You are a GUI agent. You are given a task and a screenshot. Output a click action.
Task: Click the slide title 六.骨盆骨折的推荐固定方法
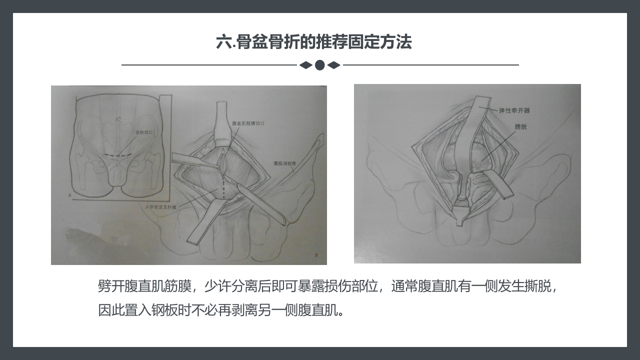pos(313,42)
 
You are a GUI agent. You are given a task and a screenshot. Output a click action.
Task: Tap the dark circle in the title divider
pos(320,65)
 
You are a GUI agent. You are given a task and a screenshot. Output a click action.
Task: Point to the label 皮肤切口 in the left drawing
pos(144,133)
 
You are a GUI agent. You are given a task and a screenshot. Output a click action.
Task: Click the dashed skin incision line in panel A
pos(118,156)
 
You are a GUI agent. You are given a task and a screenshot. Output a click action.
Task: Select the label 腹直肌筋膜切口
pos(248,122)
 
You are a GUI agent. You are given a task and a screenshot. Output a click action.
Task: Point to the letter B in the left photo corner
pos(316,255)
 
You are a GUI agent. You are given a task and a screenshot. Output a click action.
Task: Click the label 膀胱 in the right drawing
pos(520,127)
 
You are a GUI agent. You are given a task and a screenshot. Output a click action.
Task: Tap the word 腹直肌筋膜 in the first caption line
pos(155,286)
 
